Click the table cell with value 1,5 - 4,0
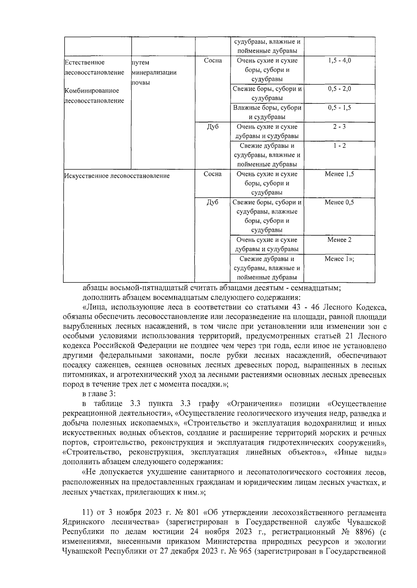(339, 61)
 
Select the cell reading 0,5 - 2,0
(339, 89)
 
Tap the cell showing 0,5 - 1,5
(339, 108)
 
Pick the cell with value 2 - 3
(339, 127)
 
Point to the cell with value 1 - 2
(339, 146)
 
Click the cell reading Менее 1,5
(339, 174)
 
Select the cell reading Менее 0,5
(339, 202)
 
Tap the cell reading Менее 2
(339, 240)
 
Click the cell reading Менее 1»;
(339, 259)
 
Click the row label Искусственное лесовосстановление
(117, 176)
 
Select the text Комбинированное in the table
(92, 91)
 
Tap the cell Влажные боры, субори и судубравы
(267, 112)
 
